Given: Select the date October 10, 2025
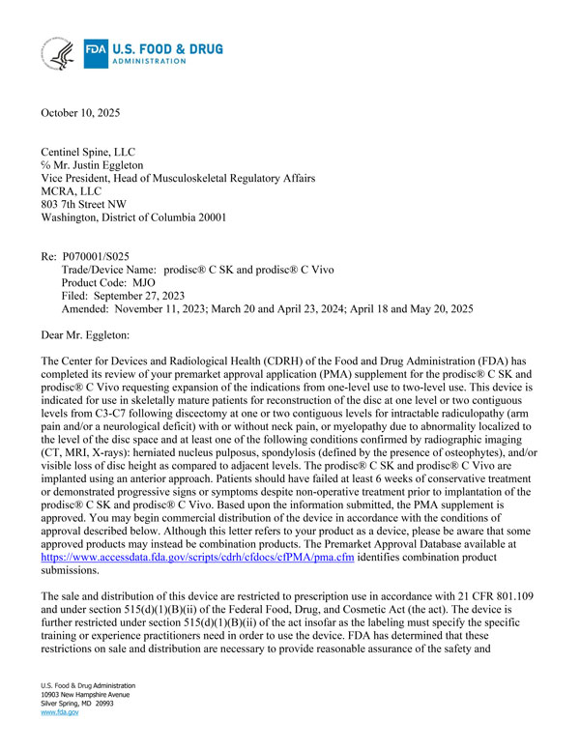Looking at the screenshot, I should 81,113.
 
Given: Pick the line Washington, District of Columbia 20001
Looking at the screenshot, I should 133,217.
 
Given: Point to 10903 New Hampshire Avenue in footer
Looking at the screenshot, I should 85,695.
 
